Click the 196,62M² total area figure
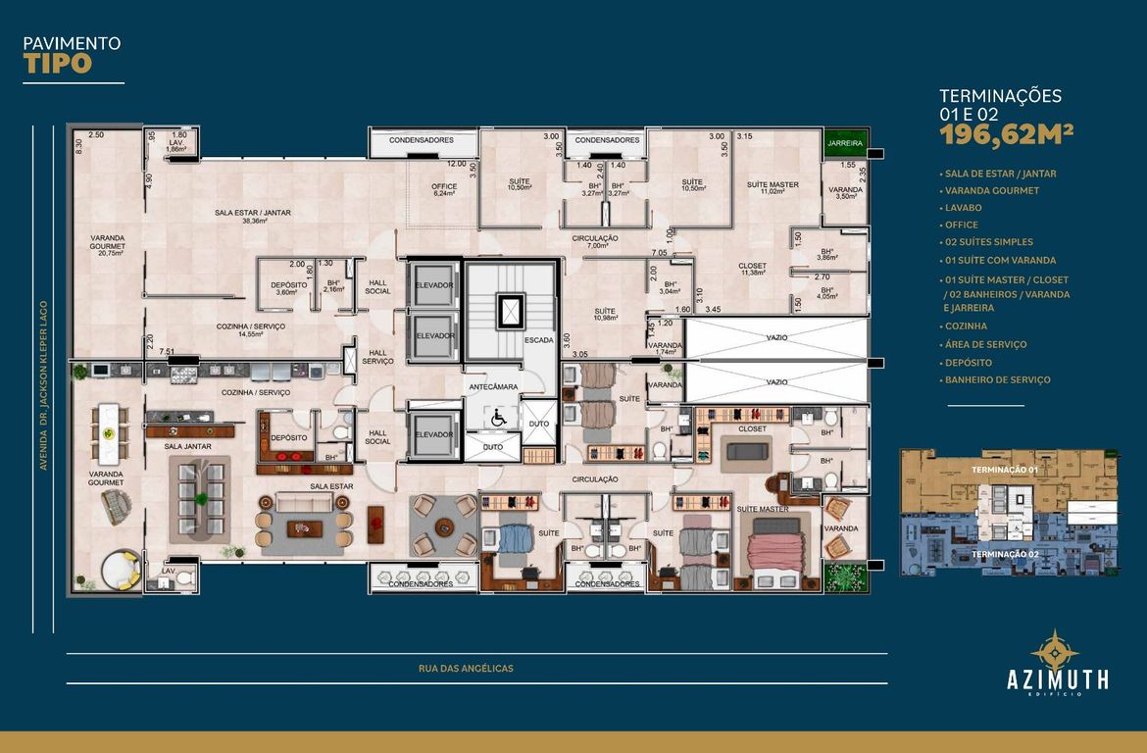pos(1007,134)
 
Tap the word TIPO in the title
pos(58,64)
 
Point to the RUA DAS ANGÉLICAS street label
pos(466,669)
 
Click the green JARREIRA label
pos(844,143)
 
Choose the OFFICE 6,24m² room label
pos(445,190)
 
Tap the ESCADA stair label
pos(538,340)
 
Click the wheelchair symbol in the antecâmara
pos(497,417)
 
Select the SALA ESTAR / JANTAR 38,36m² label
pos(253,217)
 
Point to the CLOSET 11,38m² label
pos(752,270)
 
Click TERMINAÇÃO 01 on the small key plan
pos(1004,471)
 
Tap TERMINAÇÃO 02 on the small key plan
pos(1004,554)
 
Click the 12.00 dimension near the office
pos(457,164)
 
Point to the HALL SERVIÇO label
pos(378,357)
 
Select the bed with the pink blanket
pos(776,549)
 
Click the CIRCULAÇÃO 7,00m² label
pos(595,241)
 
